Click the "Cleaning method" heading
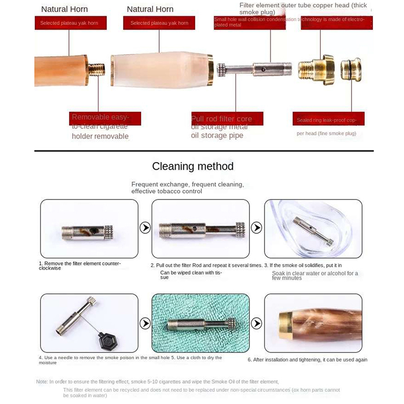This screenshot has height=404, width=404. (193, 166)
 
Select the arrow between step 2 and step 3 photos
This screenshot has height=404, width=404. (257, 229)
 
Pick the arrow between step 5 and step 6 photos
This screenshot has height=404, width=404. (257, 322)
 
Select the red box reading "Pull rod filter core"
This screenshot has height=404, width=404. (222, 119)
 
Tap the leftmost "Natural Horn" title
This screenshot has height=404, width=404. (65, 9)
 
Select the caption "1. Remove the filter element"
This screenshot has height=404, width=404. (80, 264)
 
